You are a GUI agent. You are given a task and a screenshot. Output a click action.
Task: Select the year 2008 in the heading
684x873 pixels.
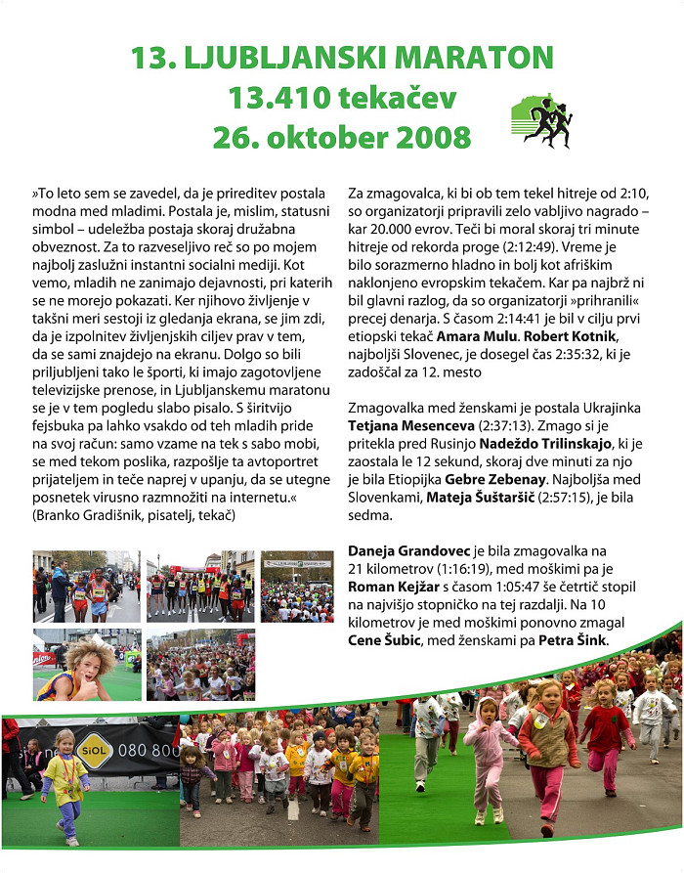coord(425,136)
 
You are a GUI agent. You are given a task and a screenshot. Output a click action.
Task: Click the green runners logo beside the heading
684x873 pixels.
coord(539,122)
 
